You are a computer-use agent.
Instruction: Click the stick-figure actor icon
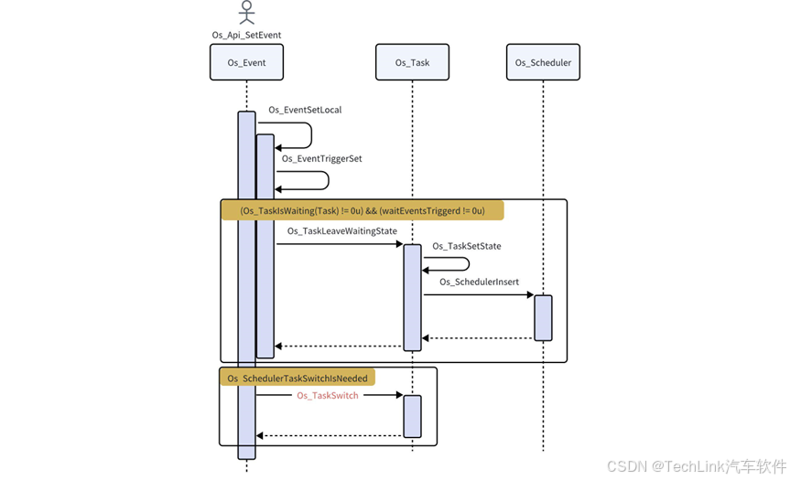coord(245,13)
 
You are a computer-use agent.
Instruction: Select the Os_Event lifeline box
coord(246,62)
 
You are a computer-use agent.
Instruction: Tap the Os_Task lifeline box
coord(412,62)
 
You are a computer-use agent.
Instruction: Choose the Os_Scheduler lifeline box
coord(543,62)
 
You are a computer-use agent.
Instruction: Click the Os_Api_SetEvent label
coord(246,35)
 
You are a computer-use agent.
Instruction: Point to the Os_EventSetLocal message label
coord(305,110)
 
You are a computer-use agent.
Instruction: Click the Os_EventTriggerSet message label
coord(321,158)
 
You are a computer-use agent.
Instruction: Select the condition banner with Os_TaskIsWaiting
coord(362,210)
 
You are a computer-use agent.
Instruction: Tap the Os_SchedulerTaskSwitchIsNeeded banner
coord(297,378)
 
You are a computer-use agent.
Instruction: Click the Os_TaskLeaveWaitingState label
coord(341,231)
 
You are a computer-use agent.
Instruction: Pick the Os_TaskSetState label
coord(466,246)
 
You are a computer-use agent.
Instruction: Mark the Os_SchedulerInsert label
coord(478,282)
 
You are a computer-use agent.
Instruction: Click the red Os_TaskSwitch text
coord(327,395)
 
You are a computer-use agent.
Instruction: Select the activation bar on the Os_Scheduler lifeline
coord(543,317)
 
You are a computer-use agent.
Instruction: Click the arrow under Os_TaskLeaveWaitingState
coord(339,244)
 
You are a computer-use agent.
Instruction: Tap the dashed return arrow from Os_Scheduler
coord(478,338)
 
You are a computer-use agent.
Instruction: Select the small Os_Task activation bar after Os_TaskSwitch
coord(412,416)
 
